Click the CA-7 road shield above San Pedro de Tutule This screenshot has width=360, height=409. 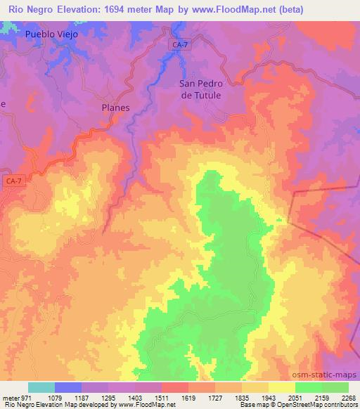[x=179, y=44]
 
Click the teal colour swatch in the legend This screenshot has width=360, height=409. [x=41, y=387]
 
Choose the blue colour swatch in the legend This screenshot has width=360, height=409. [x=67, y=387]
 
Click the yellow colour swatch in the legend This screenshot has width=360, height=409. [x=281, y=387]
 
